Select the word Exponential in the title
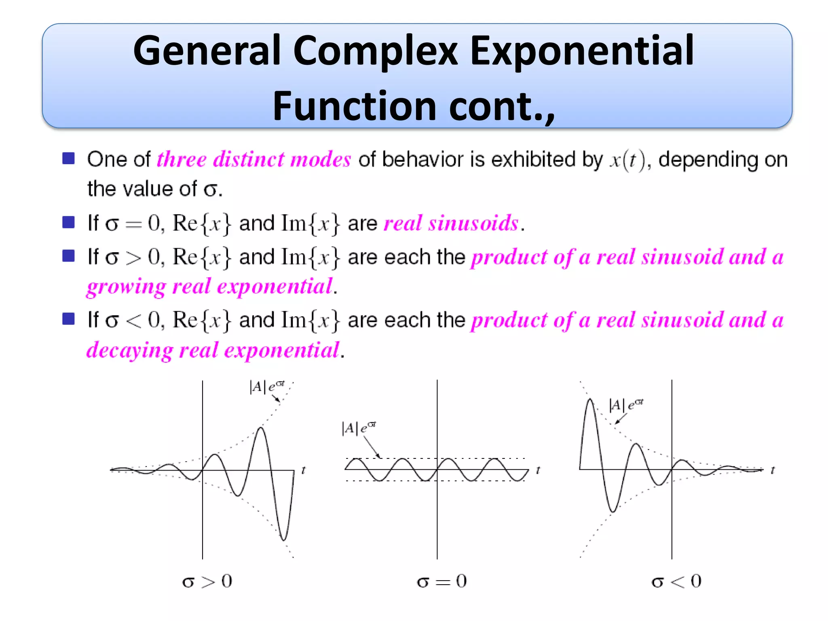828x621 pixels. (x=582, y=51)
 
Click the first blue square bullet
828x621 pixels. (x=68, y=158)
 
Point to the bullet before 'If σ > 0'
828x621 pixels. (x=68, y=256)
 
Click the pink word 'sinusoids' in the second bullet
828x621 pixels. (x=473, y=223)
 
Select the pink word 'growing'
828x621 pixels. (x=126, y=287)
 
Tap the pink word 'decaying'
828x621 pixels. (x=129, y=351)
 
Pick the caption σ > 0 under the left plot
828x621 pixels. (x=207, y=581)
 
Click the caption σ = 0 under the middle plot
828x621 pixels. (x=441, y=581)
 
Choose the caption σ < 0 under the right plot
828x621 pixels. (x=676, y=581)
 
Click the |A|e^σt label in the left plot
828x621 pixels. (x=267, y=387)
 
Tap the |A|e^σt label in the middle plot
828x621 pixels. (x=359, y=428)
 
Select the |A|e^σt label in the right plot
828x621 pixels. (x=626, y=405)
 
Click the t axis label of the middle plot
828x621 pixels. (x=538, y=470)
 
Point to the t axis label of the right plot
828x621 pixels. (x=773, y=470)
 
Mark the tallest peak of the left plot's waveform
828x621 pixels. (x=261, y=428)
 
